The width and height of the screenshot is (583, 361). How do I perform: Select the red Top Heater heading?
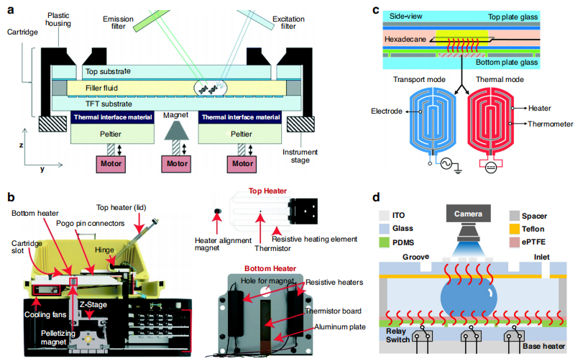[267, 192]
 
